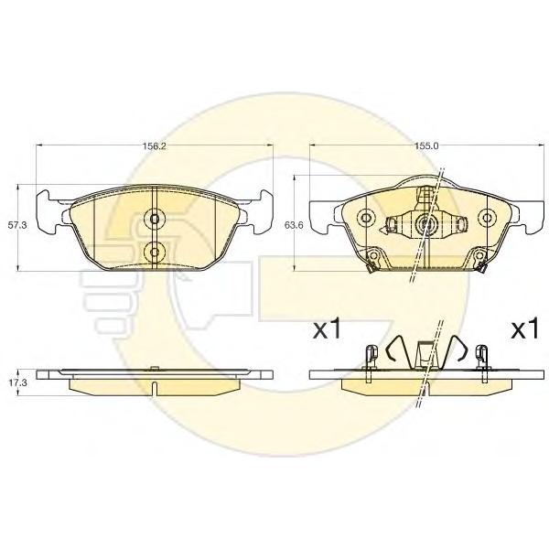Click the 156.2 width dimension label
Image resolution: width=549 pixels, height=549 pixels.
tap(155, 145)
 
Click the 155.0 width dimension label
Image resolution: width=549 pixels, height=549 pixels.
tap(426, 145)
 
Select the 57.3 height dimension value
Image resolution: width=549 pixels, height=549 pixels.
tap(17, 225)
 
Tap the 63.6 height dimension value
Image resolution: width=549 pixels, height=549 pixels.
tap(294, 225)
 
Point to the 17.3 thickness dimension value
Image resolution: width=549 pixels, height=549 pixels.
tap(17, 383)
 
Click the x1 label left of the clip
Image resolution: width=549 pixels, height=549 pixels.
tap(327, 329)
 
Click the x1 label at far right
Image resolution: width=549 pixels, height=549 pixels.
tap(524, 329)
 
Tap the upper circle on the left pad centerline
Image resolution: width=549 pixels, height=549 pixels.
tap(154, 219)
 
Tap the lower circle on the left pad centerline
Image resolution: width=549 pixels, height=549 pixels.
tap(154, 252)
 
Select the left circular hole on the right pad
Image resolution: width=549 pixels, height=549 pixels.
tap(366, 218)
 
